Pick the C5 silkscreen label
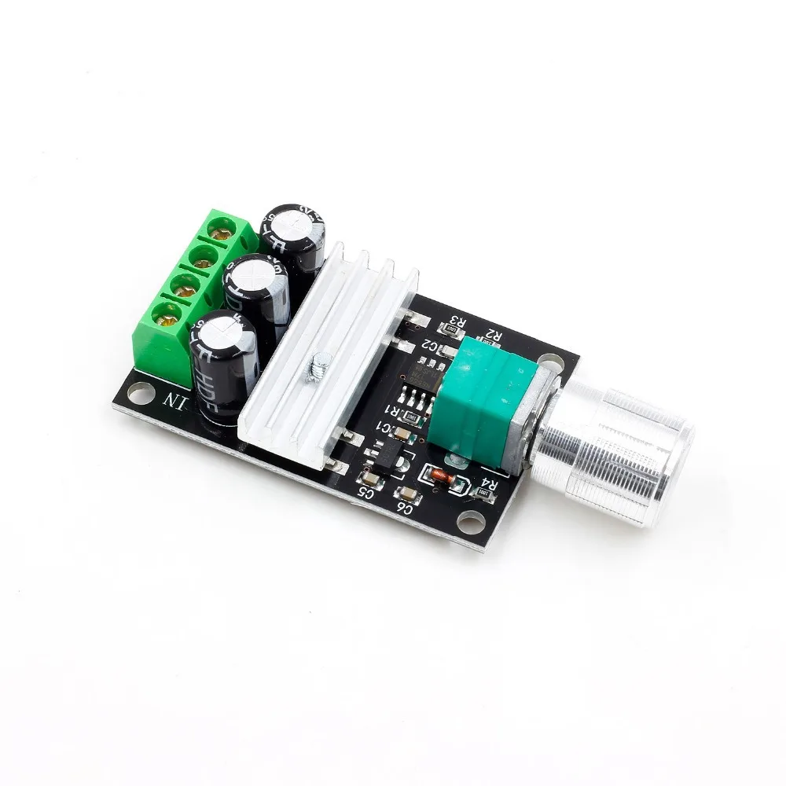[365, 493]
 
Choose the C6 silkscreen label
[405, 508]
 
